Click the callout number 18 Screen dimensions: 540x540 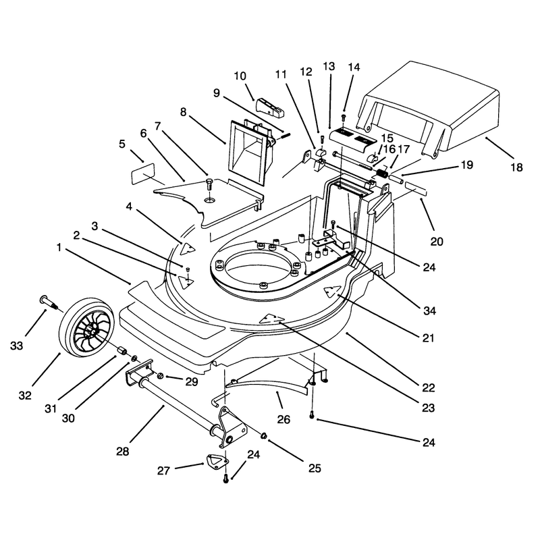tap(516, 167)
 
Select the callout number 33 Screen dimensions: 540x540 tap(16, 346)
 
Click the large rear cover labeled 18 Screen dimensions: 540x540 tap(429, 109)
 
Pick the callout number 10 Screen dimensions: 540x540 tap(240, 76)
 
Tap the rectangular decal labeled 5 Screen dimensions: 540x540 tap(143, 174)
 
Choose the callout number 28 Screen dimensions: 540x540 tap(122, 451)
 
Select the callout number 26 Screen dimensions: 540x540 tap(283, 419)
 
